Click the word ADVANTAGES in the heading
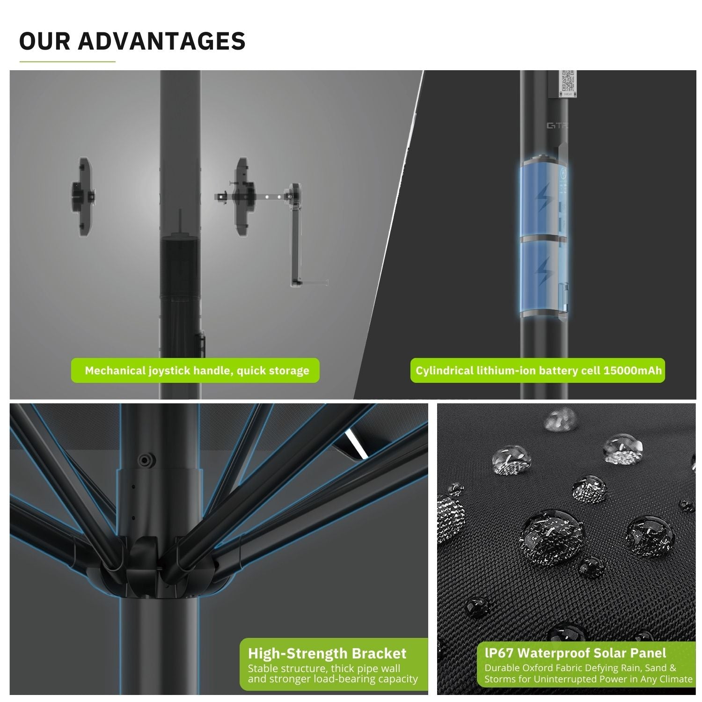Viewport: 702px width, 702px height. coord(161,41)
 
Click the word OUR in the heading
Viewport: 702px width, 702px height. coord(44,41)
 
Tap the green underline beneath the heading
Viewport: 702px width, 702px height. coord(67,61)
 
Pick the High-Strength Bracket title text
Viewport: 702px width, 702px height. coord(327,653)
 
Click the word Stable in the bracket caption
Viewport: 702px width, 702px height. coord(263,668)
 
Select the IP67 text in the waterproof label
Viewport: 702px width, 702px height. coord(499,653)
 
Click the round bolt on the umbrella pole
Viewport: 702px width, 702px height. coord(146,460)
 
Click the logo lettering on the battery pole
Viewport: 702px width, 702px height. coord(557,125)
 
